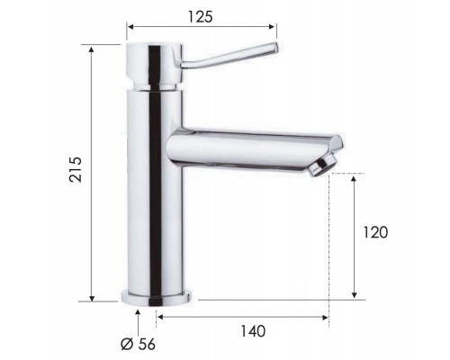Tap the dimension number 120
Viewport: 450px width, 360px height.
[x=375, y=232]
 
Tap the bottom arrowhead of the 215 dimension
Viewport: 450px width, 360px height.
[x=93, y=298]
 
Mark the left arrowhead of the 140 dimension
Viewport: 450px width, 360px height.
[x=159, y=316]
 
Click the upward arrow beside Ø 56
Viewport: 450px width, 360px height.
[x=138, y=314]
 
